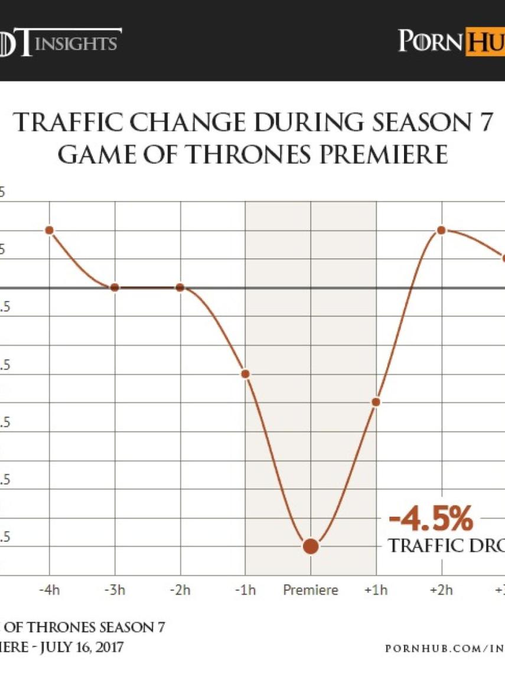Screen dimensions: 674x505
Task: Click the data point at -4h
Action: click(50, 230)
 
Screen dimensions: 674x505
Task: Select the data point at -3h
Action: click(115, 287)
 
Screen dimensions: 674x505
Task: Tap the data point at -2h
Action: click(181, 287)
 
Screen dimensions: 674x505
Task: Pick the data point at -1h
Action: click(246, 374)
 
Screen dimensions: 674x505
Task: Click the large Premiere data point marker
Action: click(311, 546)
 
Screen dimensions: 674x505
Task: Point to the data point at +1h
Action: click(376, 402)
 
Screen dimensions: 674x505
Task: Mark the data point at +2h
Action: click(441, 230)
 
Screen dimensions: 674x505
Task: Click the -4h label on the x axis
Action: click(50, 590)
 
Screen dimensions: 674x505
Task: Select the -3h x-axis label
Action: click(115, 590)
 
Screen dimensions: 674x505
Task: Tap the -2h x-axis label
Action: click(181, 590)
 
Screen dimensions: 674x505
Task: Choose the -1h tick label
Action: click(246, 590)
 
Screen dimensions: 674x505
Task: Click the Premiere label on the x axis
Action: click(311, 590)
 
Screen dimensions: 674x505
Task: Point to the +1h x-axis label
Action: click(376, 590)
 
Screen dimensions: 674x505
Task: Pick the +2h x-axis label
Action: click(441, 590)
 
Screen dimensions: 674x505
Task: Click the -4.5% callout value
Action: click(431, 521)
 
